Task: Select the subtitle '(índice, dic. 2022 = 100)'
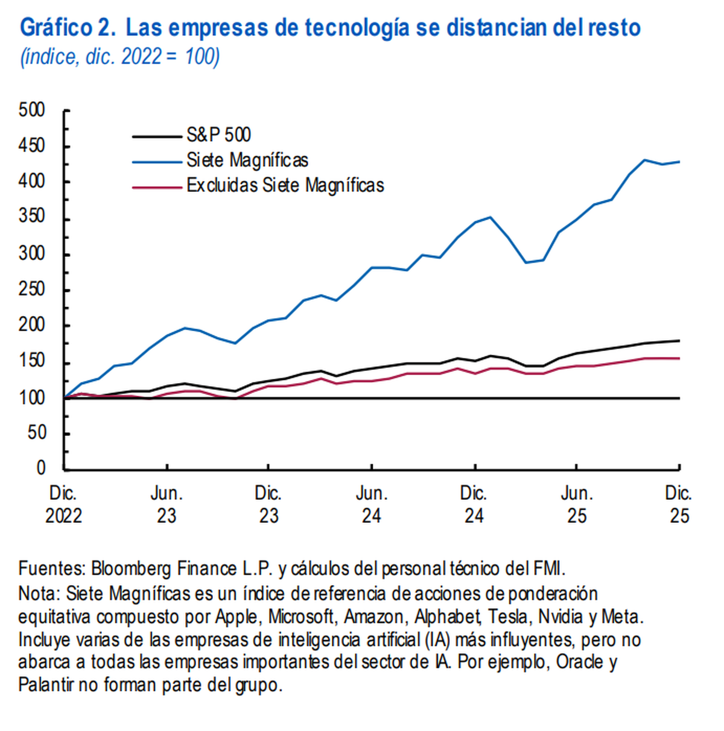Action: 120,57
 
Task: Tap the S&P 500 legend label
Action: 218,135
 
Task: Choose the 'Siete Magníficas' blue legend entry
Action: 247,160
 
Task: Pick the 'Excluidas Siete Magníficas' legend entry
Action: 285,185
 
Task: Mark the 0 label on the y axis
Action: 40,468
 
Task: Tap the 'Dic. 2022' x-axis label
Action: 63,504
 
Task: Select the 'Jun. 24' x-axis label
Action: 372,504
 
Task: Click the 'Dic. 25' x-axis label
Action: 679,504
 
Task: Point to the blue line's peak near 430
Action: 644,160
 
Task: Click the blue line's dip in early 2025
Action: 526,262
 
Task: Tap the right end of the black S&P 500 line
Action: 679,341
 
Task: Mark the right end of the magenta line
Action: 679,358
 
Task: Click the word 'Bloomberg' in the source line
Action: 132,569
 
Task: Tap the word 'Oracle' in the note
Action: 579,662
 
